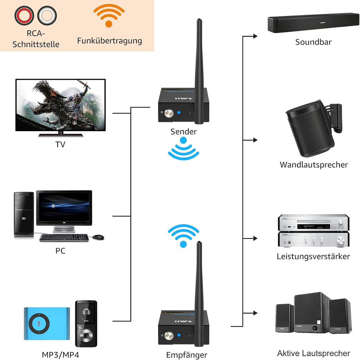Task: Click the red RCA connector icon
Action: tap(24, 15)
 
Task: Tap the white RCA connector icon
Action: tap(47, 15)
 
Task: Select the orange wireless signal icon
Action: tap(109, 16)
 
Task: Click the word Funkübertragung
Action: tap(110, 41)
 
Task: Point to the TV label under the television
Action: tap(60, 144)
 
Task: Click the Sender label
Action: tap(183, 131)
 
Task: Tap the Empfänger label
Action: tap(187, 355)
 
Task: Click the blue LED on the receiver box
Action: tap(179, 335)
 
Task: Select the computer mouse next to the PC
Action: tap(98, 237)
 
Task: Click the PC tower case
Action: tap(24, 214)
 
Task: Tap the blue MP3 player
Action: tap(47, 323)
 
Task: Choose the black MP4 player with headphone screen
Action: tap(86, 324)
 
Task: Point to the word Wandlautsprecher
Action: tap(314, 164)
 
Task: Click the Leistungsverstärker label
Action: tap(313, 256)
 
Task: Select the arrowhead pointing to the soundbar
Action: tap(255, 36)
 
